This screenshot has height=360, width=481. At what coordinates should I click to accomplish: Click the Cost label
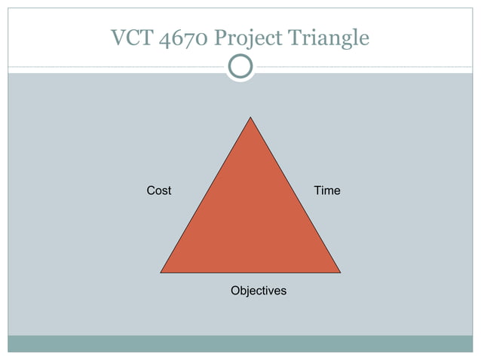pos(158,191)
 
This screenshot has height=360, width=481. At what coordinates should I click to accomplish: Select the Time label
pos(327,191)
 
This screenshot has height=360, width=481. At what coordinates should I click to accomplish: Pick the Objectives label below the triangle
pos(259,291)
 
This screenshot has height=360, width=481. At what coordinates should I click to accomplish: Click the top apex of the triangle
pos(250,117)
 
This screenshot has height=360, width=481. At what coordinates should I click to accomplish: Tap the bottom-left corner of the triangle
pos(161,272)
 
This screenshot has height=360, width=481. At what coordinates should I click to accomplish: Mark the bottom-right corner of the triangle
pos(340,272)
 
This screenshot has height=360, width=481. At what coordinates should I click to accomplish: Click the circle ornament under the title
pos(240,66)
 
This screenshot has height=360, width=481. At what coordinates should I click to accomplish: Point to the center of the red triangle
pos(250,218)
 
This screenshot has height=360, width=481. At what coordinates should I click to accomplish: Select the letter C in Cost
pos(151,191)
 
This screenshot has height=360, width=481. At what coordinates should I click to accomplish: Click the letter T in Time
pos(317,191)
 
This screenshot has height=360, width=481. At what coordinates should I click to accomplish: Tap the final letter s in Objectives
pos(283,291)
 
